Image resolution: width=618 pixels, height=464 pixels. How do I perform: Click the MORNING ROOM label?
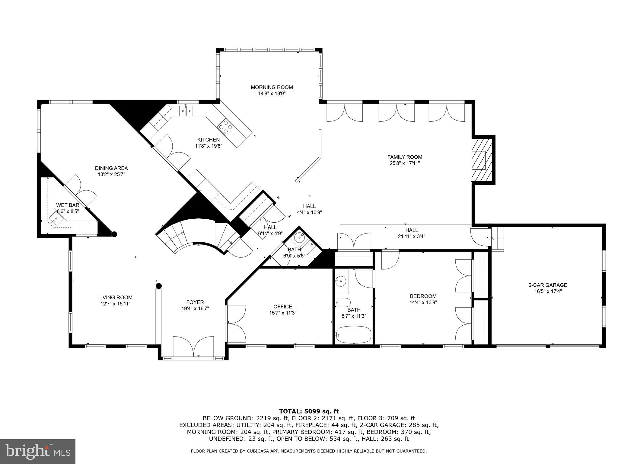272,87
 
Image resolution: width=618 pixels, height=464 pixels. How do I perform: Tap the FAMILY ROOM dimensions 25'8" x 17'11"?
404,163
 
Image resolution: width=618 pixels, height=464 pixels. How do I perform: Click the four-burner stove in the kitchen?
226,127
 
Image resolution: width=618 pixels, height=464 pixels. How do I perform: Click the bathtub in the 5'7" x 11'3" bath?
353,335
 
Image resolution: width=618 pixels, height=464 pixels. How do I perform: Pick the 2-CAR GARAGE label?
547,285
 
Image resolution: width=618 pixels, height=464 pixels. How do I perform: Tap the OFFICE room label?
283,307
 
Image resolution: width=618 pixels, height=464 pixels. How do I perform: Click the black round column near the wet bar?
114,234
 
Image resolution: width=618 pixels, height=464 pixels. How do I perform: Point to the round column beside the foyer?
159,286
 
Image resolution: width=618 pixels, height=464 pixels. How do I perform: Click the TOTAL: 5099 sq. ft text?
309,411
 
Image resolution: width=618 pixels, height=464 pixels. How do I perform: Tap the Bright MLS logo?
38,451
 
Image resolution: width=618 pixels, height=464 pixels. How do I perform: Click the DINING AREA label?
111,168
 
